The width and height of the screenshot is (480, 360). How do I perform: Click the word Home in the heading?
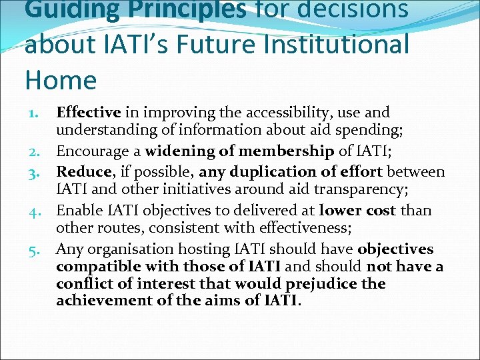click(x=61, y=80)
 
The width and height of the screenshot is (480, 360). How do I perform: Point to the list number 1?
click(x=34, y=113)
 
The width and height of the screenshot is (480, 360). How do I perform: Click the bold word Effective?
click(x=89, y=113)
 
